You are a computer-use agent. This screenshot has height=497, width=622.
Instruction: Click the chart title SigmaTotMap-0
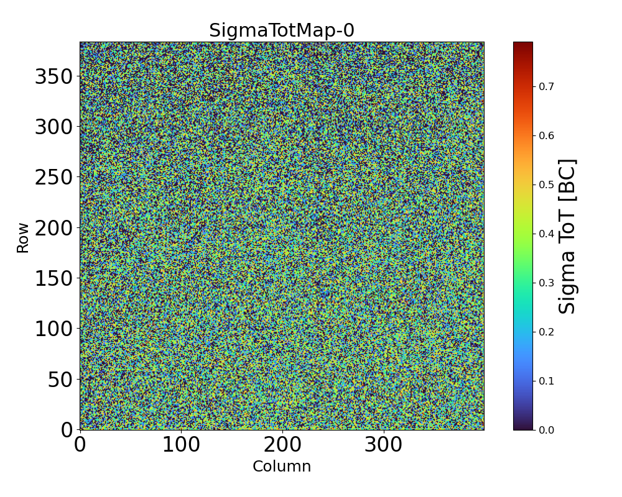click(x=281, y=30)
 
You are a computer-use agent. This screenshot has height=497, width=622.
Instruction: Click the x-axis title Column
click(x=281, y=467)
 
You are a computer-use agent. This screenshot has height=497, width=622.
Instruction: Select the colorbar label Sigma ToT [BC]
click(x=567, y=236)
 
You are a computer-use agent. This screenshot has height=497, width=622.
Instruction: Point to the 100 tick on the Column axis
click(x=181, y=445)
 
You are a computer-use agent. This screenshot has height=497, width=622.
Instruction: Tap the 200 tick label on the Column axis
click(x=282, y=445)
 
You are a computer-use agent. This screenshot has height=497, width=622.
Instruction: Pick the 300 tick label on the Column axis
click(x=384, y=445)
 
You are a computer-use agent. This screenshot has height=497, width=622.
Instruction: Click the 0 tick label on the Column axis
click(x=80, y=445)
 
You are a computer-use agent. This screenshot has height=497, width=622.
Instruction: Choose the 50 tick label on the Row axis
click(x=60, y=379)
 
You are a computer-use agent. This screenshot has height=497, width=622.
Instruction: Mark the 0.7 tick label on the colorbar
click(x=546, y=86)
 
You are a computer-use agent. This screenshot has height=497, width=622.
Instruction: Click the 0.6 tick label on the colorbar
click(x=546, y=135)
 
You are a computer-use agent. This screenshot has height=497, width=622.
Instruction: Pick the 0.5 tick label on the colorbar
click(x=546, y=185)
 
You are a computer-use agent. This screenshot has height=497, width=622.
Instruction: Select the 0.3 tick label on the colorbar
click(x=546, y=283)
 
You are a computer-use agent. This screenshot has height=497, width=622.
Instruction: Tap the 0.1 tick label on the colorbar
click(x=546, y=381)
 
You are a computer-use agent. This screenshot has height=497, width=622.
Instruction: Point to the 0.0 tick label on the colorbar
click(x=546, y=430)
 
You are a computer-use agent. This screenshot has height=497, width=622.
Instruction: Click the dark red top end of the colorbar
click(x=522, y=44)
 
